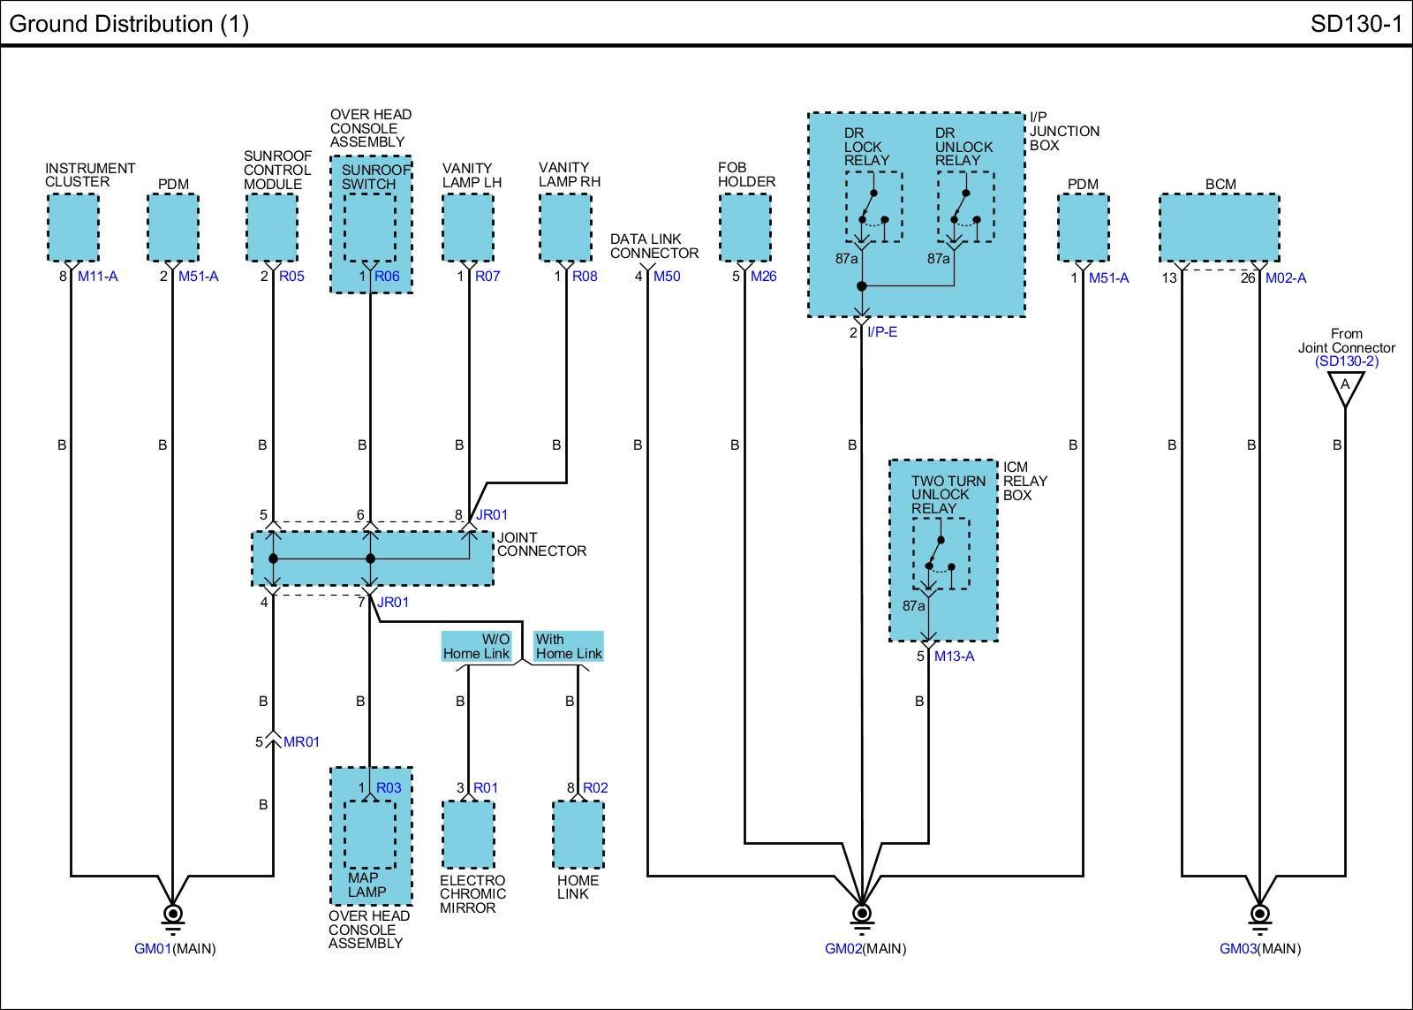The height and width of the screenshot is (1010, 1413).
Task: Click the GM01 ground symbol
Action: [x=173, y=915]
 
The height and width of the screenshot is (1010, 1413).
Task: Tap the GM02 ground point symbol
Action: [x=862, y=915]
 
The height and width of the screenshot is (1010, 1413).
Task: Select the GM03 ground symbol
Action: [x=1259, y=915]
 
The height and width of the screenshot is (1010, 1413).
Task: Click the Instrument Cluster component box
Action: [x=72, y=227]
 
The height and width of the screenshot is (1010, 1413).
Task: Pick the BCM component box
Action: [x=1220, y=228]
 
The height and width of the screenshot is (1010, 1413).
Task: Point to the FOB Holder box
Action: [x=745, y=227]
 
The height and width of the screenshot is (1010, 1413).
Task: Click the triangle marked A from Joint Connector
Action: [x=1345, y=387]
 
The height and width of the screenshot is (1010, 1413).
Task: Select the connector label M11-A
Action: [x=97, y=277]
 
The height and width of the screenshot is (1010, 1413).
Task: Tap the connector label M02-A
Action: [x=1285, y=278]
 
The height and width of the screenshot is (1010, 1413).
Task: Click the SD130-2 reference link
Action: [x=1346, y=361]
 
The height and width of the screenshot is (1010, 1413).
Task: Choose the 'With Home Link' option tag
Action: [x=569, y=647]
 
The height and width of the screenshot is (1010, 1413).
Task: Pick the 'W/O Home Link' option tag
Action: [x=477, y=647]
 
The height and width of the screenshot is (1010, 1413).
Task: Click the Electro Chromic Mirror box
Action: [x=468, y=834]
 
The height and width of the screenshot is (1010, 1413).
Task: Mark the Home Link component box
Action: [x=578, y=834]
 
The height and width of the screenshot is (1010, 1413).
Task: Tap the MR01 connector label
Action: [x=301, y=742]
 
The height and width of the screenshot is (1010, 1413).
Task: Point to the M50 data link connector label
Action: [x=667, y=277]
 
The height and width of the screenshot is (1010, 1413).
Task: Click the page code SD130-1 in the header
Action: [x=1356, y=24]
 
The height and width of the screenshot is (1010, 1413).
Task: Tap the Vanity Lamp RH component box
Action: [x=565, y=227]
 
